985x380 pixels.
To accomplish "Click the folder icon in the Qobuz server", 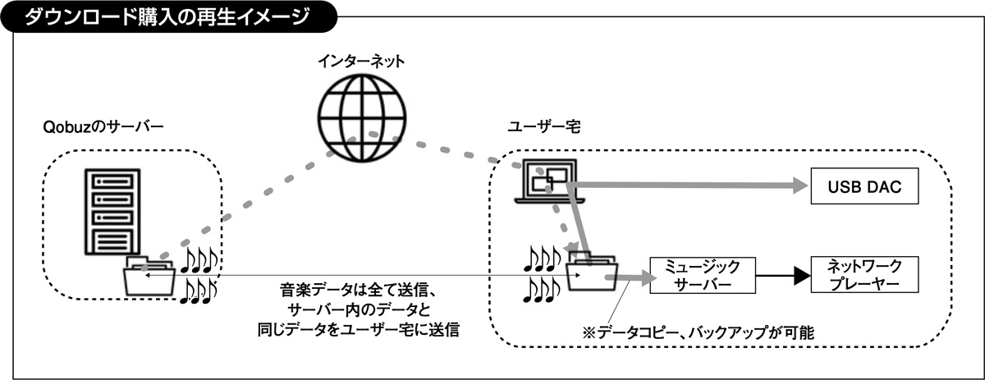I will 150,276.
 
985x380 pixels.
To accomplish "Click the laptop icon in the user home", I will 547,182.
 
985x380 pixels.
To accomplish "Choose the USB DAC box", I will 864,188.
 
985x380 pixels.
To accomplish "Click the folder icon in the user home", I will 593,274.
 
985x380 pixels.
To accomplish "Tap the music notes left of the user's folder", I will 543,273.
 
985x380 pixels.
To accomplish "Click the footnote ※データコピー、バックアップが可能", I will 698,332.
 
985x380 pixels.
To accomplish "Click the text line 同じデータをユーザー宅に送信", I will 358,330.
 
